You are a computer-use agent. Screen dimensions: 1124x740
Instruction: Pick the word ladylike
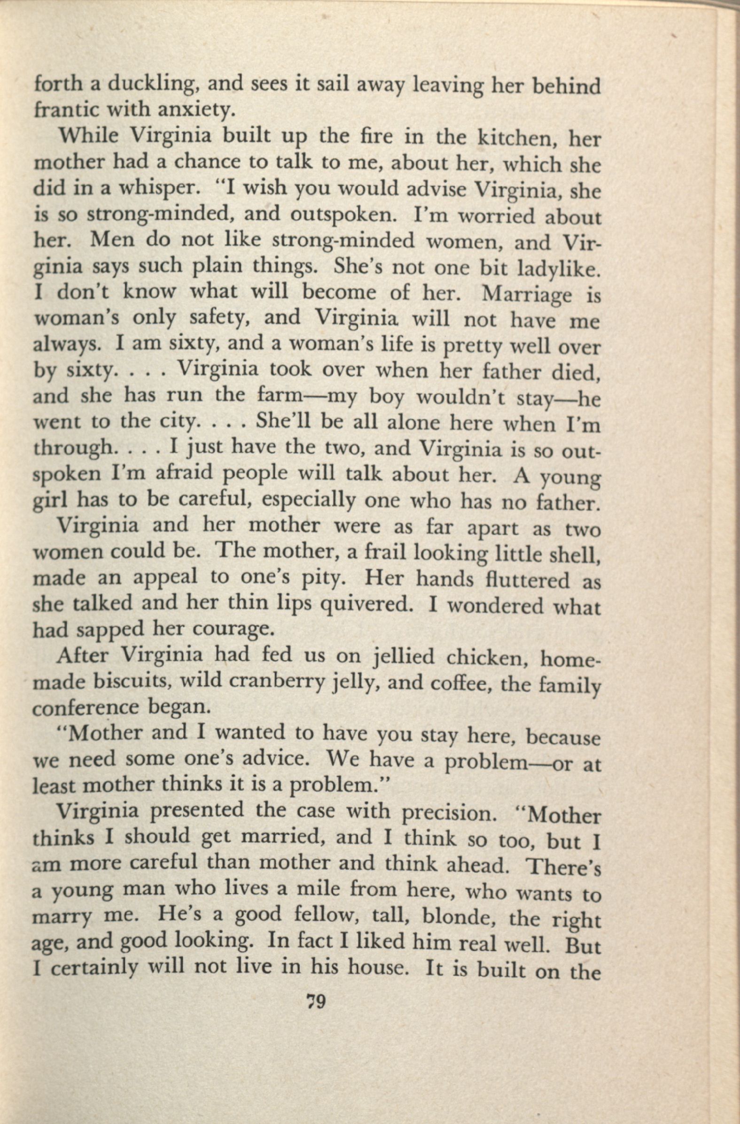[559, 268]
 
